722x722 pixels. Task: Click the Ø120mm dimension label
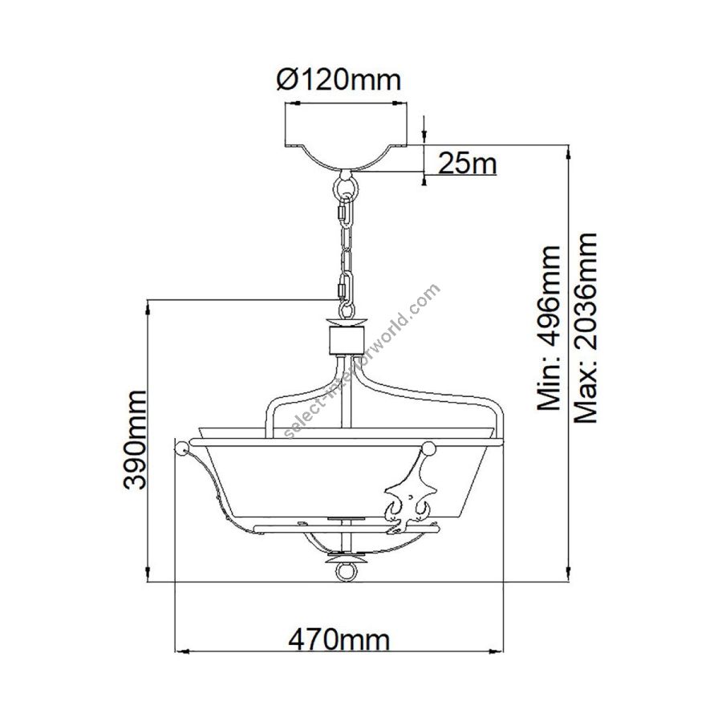click(x=339, y=80)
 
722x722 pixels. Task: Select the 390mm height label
click(x=136, y=440)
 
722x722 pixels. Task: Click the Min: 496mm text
click(x=550, y=327)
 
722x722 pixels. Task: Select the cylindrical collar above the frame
click(x=345, y=341)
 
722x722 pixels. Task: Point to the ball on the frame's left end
click(x=182, y=448)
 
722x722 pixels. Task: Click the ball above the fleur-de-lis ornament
click(x=428, y=447)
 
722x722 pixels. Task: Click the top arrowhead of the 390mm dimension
click(x=148, y=307)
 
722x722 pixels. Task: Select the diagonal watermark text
click(x=363, y=361)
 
